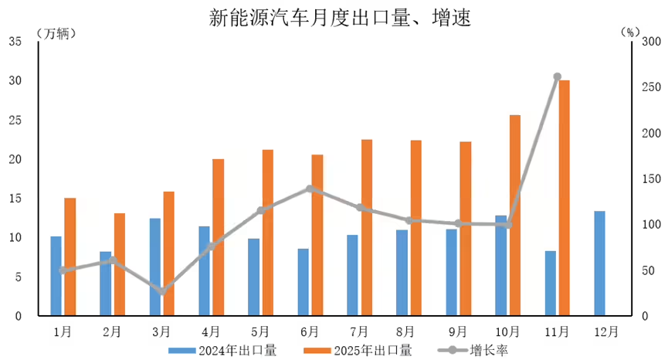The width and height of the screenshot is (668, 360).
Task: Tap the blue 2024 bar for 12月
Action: [600, 263]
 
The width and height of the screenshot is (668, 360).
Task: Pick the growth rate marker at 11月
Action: [557, 77]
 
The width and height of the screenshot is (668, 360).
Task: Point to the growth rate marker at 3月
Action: [161, 291]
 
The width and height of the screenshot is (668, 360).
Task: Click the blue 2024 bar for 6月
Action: [303, 282]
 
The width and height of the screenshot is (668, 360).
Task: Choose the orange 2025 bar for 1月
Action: [70, 256]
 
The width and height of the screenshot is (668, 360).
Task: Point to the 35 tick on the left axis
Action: [15, 42]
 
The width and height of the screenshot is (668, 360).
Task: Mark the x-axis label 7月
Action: [359, 331]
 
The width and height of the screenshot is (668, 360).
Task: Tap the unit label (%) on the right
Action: [630, 32]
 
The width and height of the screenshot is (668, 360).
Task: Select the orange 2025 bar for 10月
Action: [514, 216]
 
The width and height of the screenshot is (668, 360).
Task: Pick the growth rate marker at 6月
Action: [310, 188]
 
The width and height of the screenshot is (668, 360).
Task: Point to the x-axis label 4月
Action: [211, 331]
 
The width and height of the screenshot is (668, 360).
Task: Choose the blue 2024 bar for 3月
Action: [154, 267]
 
